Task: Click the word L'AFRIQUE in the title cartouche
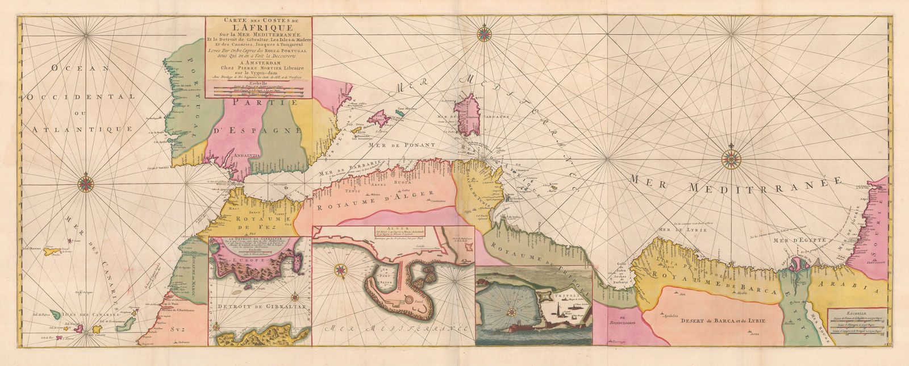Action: (x=258, y=28)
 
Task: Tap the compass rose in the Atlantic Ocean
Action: (x=86, y=183)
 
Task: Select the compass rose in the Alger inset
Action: (x=340, y=271)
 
